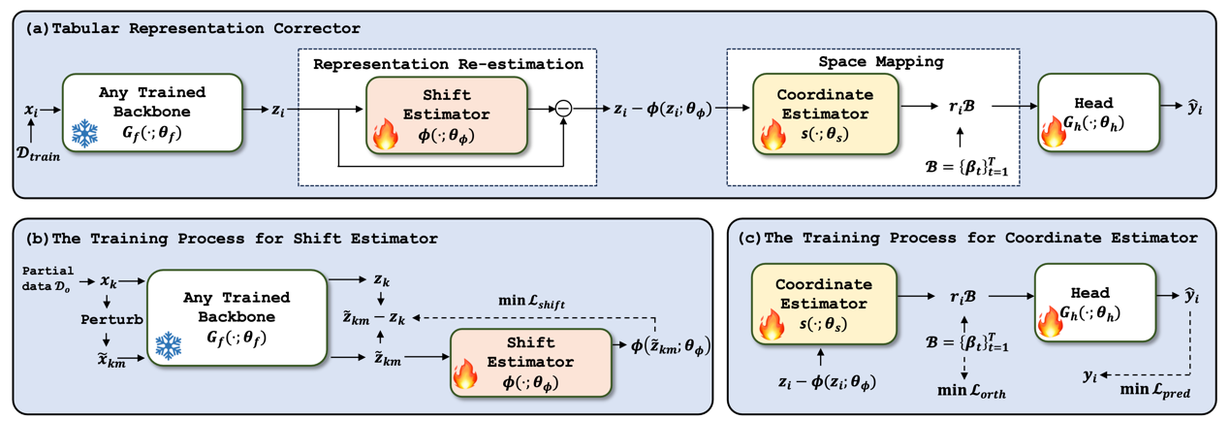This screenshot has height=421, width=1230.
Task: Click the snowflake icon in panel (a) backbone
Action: pyautogui.click(x=86, y=134)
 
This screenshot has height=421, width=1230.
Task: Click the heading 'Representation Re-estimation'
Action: pyautogui.click(x=448, y=64)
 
